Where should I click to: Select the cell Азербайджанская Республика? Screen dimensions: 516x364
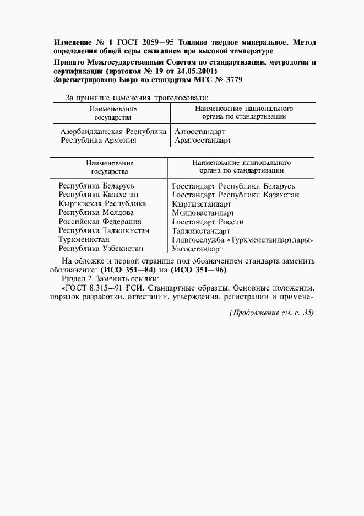click(x=113, y=132)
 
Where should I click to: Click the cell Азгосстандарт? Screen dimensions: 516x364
click(x=200, y=132)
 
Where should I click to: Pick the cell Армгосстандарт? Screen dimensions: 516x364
click(x=202, y=141)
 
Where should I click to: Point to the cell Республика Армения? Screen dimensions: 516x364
click(x=98, y=141)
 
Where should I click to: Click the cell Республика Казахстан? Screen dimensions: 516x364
click(x=99, y=195)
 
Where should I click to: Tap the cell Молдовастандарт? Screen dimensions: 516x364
click(x=203, y=212)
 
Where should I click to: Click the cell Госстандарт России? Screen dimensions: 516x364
click(x=208, y=222)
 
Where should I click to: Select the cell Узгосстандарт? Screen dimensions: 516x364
click(x=199, y=249)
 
